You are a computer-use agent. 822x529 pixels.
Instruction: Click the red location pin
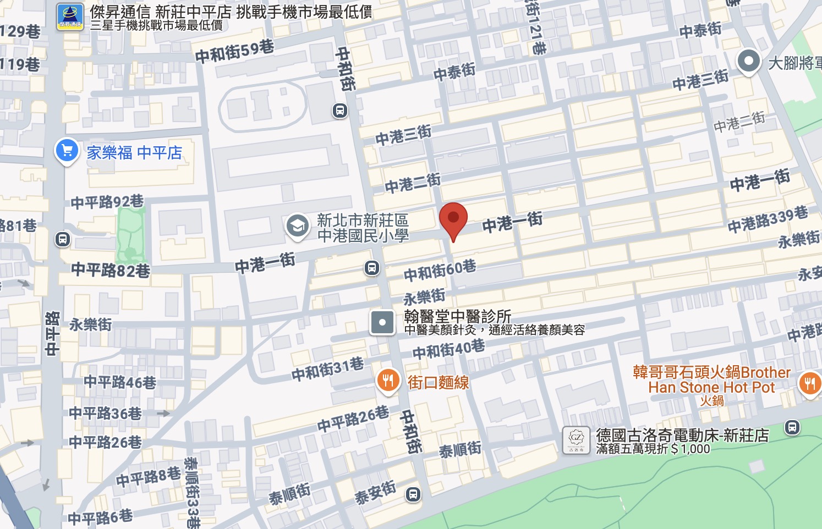453,219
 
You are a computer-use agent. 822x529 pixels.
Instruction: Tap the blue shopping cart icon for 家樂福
67,150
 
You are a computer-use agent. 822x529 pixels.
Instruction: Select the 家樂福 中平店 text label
134,152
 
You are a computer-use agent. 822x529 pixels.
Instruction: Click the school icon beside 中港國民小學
298,226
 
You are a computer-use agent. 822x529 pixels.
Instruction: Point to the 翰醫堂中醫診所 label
457,316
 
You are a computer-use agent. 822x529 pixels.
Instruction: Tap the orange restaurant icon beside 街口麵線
388,381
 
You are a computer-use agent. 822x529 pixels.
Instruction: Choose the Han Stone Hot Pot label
711,387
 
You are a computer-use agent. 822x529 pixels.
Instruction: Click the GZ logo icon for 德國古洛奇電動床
576,440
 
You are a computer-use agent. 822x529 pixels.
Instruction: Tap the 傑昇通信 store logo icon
70,17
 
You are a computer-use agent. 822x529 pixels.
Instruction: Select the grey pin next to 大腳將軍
748,61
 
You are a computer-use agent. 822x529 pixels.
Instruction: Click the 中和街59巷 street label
234,51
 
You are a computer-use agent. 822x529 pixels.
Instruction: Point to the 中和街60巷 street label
440,270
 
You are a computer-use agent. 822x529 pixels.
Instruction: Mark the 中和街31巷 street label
327,368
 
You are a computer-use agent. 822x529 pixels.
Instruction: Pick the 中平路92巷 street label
107,202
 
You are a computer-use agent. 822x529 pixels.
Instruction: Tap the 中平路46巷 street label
120,382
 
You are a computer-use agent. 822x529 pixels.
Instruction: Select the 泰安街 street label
375,492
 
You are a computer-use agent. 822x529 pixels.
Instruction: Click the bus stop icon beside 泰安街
413,494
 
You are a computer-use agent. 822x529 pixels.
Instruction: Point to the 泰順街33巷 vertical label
192,492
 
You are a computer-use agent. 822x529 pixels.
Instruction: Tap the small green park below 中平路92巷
130,236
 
